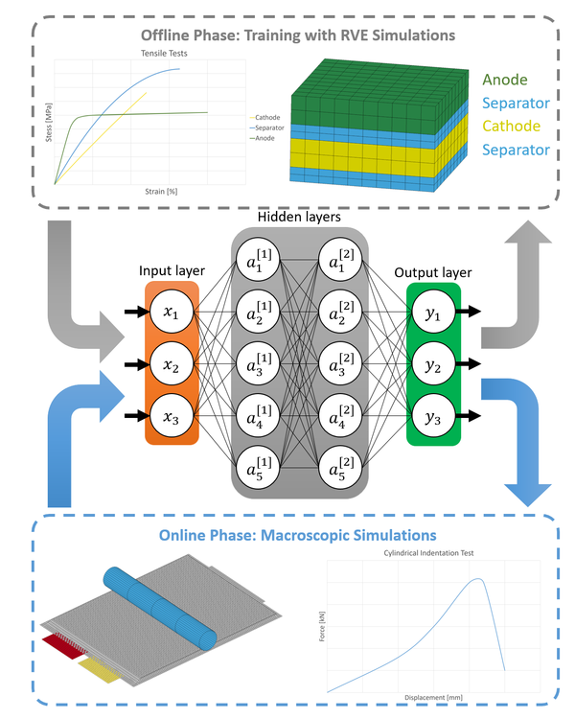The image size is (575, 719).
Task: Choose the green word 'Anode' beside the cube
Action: (x=505, y=80)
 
